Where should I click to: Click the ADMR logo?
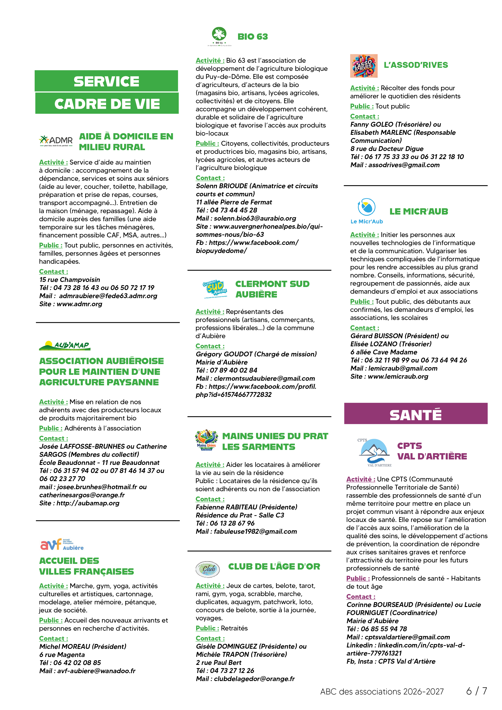56,141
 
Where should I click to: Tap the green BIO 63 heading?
252,36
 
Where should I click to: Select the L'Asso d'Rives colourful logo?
364,66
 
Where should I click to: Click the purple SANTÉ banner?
416,413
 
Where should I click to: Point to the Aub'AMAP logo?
65,345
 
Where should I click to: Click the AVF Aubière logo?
62,545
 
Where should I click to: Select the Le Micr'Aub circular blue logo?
367,207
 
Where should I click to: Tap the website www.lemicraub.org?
398,376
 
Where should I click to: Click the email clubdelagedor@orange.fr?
254,679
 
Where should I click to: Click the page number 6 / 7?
477,691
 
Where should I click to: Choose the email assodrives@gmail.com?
404,165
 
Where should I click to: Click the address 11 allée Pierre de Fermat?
234,202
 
